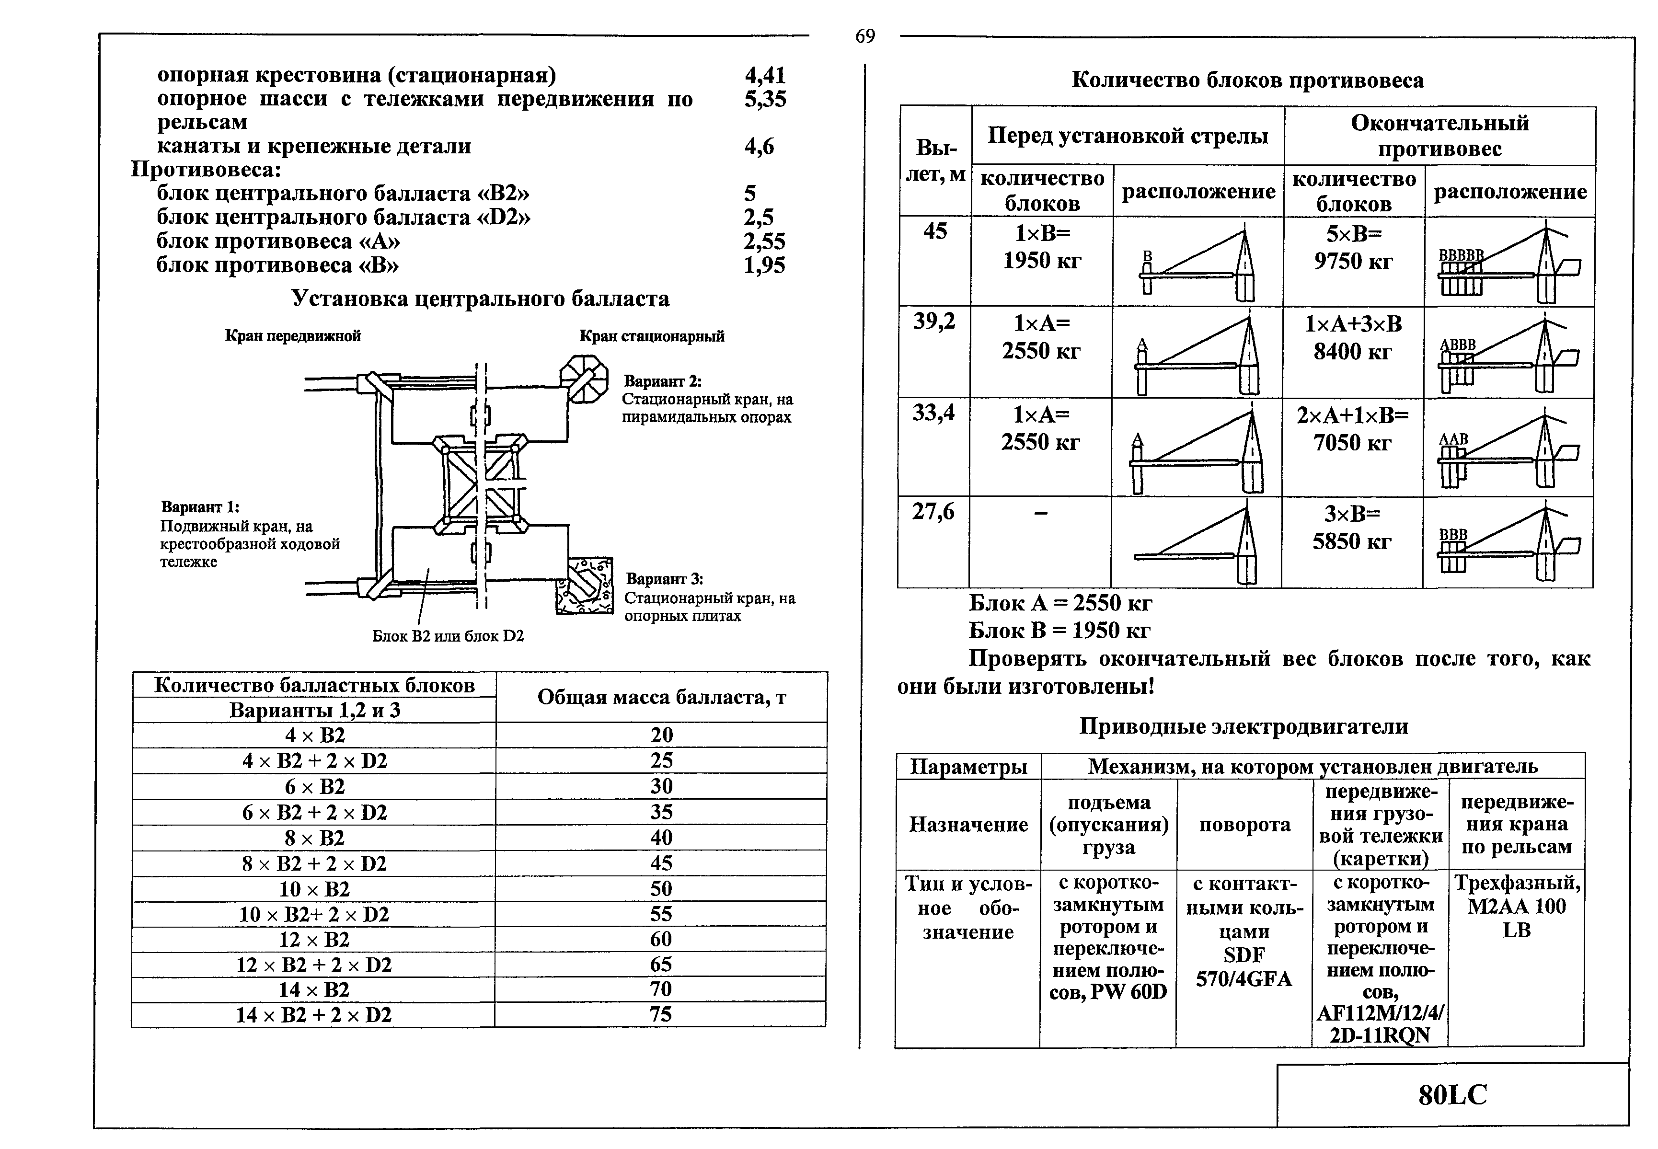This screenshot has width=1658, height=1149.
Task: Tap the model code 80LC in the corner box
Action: coord(1452,1095)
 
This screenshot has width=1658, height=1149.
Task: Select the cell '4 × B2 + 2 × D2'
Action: coord(315,761)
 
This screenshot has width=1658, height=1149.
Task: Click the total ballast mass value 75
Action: coord(660,1014)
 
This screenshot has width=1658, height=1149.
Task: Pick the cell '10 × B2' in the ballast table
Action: coord(315,888)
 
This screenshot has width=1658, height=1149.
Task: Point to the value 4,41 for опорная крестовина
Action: coord(765,75)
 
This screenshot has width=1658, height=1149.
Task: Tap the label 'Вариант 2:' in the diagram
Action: coord(662,381)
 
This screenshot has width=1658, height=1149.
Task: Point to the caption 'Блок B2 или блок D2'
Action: coord(448,636)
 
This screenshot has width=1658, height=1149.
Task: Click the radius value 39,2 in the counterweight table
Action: coord(934,321)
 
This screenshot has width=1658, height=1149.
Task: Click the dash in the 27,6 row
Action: coord(1040,513)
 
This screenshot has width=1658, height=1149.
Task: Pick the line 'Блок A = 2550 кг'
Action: coord(1060,603)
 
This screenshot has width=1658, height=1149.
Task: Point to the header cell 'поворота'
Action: coord(1245,824)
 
